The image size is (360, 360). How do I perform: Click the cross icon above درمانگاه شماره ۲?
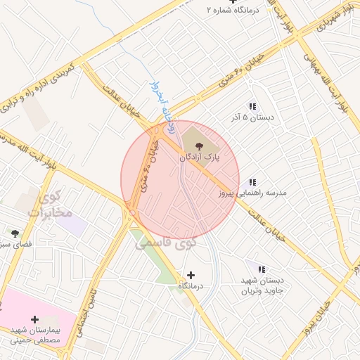pyautogui.click(x=232, y=2)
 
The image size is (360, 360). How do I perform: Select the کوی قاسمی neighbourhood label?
pyautogui.click(x=166, y=242)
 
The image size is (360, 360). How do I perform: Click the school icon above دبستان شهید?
pyautogui.click(x=262, y=269)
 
